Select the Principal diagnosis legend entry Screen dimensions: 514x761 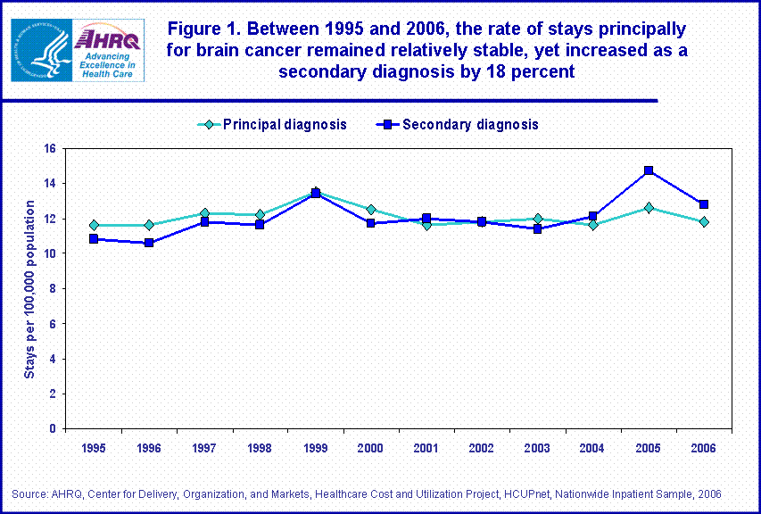(x=272, y=125)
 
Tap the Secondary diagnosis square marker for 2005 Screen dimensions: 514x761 (x=649, y=170)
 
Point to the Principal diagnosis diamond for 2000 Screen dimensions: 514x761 (x=371, y=210)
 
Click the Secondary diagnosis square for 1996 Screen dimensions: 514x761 (x=149, y=243)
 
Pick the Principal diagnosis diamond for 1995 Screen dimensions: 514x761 (x=94, y=225)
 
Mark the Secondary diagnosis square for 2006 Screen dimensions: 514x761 (x=704, y=204)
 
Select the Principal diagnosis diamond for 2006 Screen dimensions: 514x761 (x=704, y=221)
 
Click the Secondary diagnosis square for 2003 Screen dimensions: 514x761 (x=537, y=228)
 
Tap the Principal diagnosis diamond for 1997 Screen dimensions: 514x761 (x=204, y=213)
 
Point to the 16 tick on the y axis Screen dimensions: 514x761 (x=50, y=149)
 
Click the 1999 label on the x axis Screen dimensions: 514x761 (x=315, y=446)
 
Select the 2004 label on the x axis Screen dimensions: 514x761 (x=592, y=446)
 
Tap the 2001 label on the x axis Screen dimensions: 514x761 (x=426, y=446)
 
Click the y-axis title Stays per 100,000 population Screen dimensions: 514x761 (x=29, y=289)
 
